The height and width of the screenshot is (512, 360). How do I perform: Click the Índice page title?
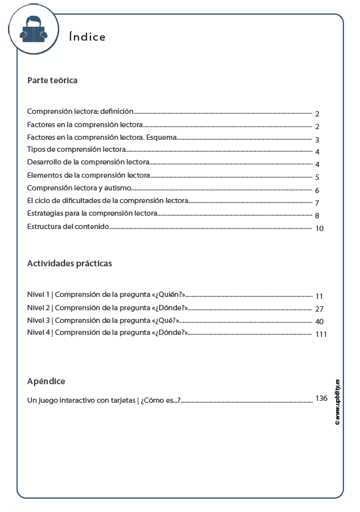[x=87, y=37]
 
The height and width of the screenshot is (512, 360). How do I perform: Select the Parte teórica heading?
[x=52, y=81]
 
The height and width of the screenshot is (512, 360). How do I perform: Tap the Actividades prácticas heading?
[x=69, y=264]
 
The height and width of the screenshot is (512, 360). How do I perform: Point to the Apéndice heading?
[x=46, y=382]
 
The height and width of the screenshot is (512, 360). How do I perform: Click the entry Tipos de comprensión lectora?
[x=77, y=150]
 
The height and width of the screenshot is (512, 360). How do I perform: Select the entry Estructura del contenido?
[x=68, y=227]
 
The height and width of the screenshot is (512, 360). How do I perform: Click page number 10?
[x=319, y=228]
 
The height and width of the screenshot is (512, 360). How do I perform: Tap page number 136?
[x=321, y=398]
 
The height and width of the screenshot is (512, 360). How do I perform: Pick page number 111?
[x=321, y=334]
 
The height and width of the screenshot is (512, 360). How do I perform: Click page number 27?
[x=319, y=309]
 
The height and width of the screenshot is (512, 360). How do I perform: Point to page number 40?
[x=319, y=322]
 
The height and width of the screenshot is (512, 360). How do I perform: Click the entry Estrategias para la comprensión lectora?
[x=92, y=214]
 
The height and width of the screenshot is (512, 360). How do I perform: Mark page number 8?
[x=318, y=216]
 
